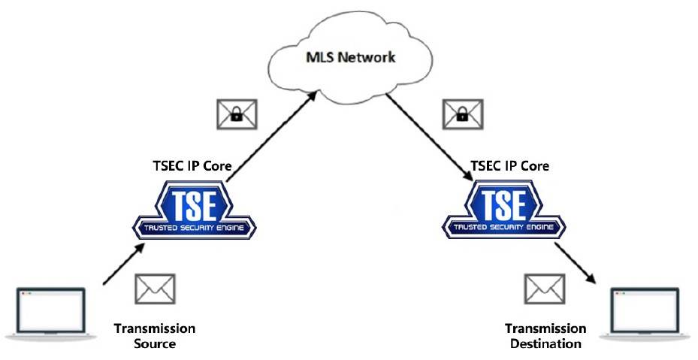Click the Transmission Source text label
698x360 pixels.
pos(155,336)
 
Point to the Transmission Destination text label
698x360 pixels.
pos(545,336)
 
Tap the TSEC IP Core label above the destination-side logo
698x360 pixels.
pos(502,167)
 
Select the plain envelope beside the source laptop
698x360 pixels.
pos(156,289)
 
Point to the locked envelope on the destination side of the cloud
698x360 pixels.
pos(461,113)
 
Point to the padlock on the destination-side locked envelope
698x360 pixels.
pos(461,116)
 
